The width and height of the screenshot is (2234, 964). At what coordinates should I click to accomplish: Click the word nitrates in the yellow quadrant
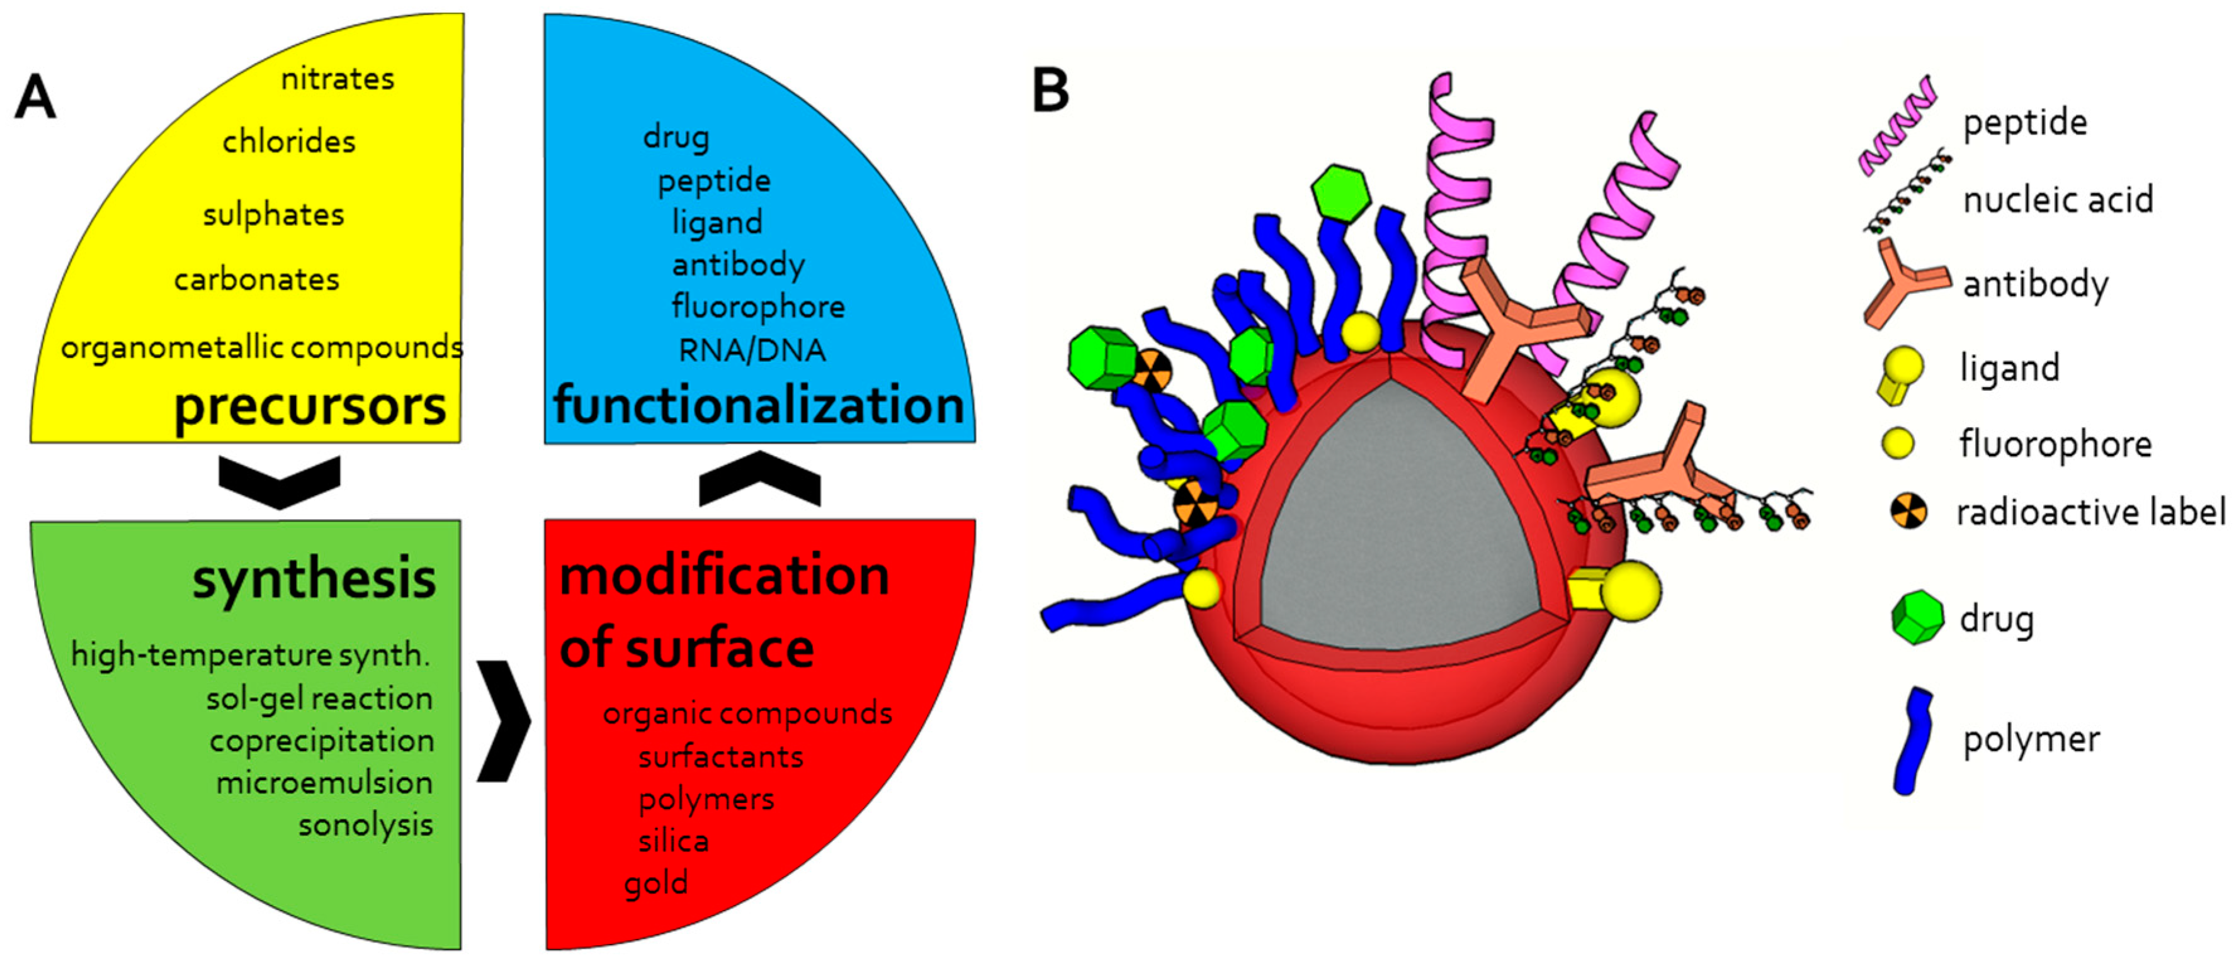337,79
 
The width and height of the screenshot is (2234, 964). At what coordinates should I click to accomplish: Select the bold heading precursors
310,406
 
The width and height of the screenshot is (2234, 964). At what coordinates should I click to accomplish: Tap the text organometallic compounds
261,347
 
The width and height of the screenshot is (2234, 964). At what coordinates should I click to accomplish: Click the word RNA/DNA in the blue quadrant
751,350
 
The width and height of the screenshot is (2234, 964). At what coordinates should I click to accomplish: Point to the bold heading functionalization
759,405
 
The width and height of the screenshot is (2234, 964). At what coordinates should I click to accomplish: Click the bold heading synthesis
314,579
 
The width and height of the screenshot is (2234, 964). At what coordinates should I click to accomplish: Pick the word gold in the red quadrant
655,884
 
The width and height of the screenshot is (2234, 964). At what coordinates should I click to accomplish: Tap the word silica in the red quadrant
673,841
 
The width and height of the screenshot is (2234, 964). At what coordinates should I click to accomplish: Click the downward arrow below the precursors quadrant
280,482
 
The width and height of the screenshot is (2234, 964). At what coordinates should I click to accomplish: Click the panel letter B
1050,91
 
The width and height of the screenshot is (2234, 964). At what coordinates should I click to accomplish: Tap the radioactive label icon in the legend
1910,512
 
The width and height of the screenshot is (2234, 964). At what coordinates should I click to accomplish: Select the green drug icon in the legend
1917,617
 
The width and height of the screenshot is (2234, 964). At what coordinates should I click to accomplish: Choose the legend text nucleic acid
2057,200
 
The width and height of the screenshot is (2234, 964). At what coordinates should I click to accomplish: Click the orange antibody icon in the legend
1903,284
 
